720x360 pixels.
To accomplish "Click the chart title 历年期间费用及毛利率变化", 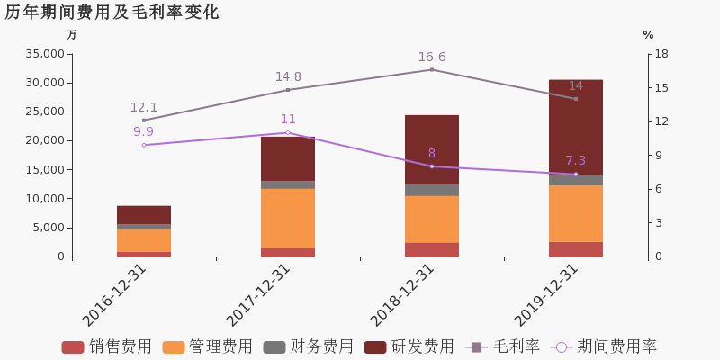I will [x=112, y=13].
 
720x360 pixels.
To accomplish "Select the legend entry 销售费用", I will [x=107, y=346].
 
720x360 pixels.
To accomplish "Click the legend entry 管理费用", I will [x=208, y=346].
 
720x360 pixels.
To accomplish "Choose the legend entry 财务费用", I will [x=309, y=346].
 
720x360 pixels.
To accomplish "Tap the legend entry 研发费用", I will [x=409, y=346].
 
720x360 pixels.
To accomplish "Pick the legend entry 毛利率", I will [x=503, y=346].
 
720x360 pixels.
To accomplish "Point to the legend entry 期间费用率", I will [x=604, y=346].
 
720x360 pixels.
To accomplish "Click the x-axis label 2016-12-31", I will [x=115, y=294].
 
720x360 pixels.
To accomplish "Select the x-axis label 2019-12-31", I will [x=547, y=294].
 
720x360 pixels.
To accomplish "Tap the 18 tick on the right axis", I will [x=661, y=54].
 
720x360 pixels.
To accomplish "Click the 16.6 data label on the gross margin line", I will [x=431, y=58].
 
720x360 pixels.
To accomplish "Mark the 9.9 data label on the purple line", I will [x=143, y=132].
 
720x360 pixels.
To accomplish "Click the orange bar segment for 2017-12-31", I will [x=288, y=218].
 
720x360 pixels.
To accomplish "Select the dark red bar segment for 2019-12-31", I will [x=576, y=126].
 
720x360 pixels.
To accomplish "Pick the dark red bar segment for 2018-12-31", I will [x=432, y=149].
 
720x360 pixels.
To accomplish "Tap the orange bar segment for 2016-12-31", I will [x=144, y=239].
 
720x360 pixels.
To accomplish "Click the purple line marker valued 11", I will [x=288, y=132].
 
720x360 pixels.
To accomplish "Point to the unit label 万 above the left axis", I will [x=72, y=35].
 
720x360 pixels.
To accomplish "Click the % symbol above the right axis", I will [x=648, y=35].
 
